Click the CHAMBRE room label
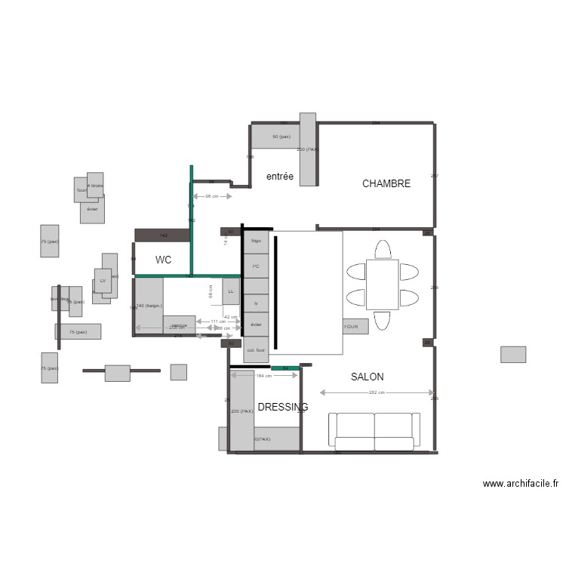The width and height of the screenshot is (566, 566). click(386, 183)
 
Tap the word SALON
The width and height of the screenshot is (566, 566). click(367, 377)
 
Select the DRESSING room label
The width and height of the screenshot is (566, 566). click(282, 408)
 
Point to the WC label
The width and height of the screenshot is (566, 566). click(163, 260)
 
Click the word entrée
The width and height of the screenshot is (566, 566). click(279, 176)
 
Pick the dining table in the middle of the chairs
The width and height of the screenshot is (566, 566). click(382, 285)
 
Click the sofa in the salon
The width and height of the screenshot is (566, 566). click(374, 431)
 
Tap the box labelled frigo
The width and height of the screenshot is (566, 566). click(256, 241)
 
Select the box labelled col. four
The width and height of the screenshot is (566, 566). click(256, 350)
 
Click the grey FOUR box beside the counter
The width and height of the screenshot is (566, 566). click(355, 327)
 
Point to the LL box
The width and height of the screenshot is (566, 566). click(231, 291)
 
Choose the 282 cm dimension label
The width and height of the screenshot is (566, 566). click(377, 392)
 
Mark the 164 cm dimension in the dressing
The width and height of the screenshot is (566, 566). click(263, 376)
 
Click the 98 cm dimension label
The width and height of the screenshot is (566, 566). click(212, 196)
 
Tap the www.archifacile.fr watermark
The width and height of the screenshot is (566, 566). click(521, 484)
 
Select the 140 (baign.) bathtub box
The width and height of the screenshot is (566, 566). click(149, 305)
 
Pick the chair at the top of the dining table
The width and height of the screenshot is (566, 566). click(383, 250)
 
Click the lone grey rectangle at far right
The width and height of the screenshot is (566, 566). click(513, 354)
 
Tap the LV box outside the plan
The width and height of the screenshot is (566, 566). click(103, 281)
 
